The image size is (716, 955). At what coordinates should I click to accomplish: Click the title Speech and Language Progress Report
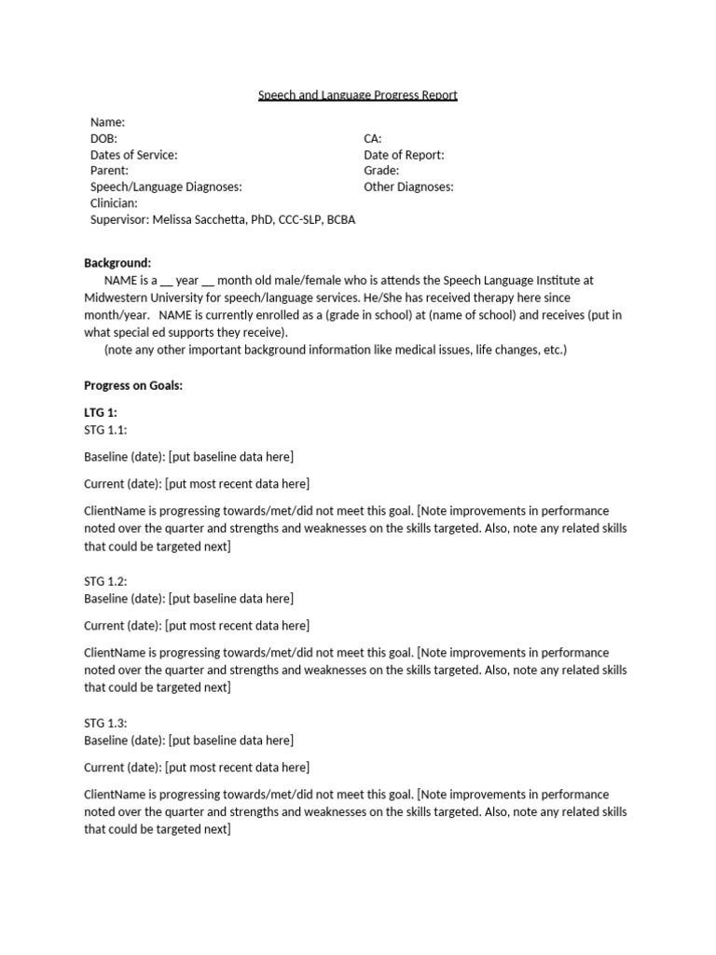pyautogui.click(x=358, y=95)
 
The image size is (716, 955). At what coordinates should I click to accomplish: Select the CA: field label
pyautogui.click(x=373, y=138)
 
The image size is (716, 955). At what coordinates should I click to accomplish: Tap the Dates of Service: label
pyautogui.click(x=133, y=155)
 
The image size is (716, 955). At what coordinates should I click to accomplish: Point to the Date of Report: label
pyautogui.click(x=404, y=155)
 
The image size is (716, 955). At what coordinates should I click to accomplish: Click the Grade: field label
pyautogui.click(x=381, y=171)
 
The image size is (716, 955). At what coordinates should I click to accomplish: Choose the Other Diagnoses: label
pyautogui.click(x=408, y=187)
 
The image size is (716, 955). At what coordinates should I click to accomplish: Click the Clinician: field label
pyautogui.click(x=114, y=202)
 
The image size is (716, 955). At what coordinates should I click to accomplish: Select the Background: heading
pyautogui.click(x=117, y=263)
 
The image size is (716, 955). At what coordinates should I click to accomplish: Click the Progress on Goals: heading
pyautogui.click(x=133, y=385)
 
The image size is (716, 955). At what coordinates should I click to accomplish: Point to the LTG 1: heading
pyautogui.click(x=101, y=412)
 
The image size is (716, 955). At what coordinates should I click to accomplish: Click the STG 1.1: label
pyautogui.click(x=105, y=429)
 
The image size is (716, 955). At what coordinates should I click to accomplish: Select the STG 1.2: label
pyautogui.click(x=105, y=581)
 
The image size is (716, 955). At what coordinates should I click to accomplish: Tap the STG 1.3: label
pyautogui.click(x=105, y=723)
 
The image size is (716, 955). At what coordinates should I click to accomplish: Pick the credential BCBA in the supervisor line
pyautogui.click(x=341, y=219)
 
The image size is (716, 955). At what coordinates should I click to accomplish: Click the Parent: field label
pyautogui.click(x=109, y=171)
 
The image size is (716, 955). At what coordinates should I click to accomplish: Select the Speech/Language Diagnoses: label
pyautogui.click(x=166, y=187)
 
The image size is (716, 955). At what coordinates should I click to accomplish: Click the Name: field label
pyautogui.click(x=107, y=122)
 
